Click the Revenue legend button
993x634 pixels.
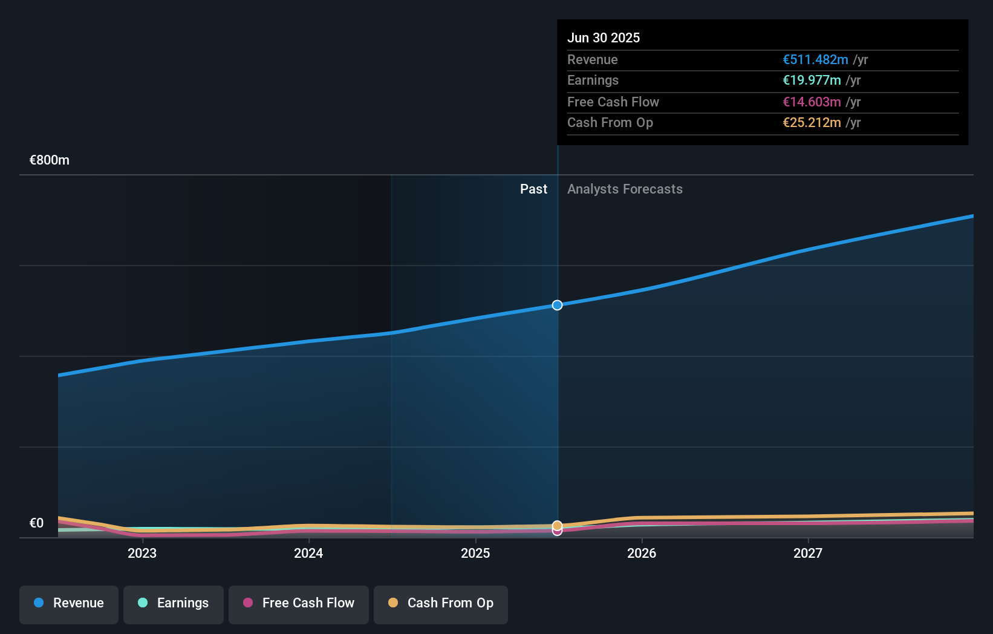point(69,604)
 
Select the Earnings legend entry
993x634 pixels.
point(174,604)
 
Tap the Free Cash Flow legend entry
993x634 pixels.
point(299,604)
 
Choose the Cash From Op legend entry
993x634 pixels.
point(441,604)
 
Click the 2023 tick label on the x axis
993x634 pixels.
point(142,553)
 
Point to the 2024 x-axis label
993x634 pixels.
point(308,553)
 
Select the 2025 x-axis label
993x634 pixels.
point(475,553)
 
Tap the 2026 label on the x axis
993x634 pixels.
point(642,553)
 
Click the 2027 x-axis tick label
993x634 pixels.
point(808,553)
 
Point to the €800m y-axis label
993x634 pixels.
point(50,160)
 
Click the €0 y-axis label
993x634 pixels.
point(37,523)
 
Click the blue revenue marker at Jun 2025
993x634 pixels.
point(557,305)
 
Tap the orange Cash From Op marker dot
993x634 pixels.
point(557,526)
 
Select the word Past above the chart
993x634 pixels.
point(533,189)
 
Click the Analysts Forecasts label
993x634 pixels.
point(625,189)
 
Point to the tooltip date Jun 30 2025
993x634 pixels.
point(604,38)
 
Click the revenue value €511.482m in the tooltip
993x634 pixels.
point(815,60)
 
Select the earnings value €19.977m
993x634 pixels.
point(812,80)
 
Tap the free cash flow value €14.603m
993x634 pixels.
point(812,102)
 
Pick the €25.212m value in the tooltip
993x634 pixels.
point(812,123)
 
